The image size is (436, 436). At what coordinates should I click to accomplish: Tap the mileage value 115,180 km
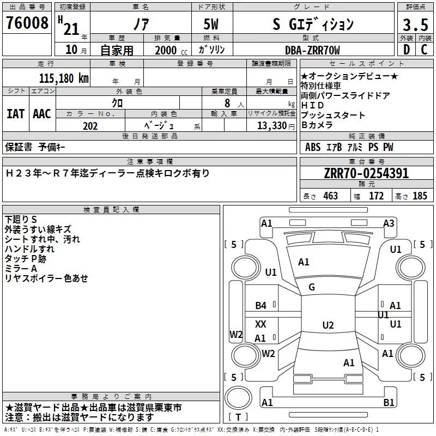[x=64, y=78]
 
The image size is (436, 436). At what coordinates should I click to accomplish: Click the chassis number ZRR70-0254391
[x=366, y=174]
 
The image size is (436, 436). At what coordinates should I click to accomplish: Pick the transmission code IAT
[x=15, y=114]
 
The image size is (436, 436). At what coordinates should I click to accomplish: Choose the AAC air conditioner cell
[x=41, y=114]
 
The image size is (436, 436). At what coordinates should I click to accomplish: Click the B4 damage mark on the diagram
[x=261, y=306]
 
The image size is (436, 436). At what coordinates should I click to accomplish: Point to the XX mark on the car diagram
[x=261, y=324]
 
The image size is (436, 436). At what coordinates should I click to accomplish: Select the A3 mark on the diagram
[x=389, y=223]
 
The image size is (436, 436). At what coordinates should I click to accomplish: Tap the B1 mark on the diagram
[x=389, y=403]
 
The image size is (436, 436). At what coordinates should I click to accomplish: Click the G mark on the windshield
[x=312, y=287]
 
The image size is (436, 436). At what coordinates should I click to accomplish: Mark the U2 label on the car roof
[x=328, y=325]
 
